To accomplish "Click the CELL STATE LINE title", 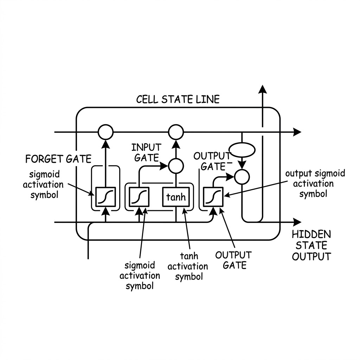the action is click(178, 99).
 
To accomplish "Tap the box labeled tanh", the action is click(176, 197).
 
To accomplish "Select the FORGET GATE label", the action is click(58, 159).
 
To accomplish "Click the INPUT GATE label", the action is click(146, 153).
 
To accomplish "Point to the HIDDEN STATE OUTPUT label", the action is click(311, 245).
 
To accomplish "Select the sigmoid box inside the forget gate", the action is click(105, 197).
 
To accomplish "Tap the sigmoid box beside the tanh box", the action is click(139, 197).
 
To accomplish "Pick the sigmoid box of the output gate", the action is click(213, 197).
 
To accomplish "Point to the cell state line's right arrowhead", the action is click(297, 132).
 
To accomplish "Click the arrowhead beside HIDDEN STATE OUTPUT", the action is click(297, 222).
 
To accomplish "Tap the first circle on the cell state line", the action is click(105, 132).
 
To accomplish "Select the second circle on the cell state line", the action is click(176, 132).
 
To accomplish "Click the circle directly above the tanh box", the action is click(176, 166).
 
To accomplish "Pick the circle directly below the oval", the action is click(242, 177).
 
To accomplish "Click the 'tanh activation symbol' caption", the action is click(188, 266).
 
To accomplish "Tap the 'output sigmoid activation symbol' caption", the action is click(315, 184).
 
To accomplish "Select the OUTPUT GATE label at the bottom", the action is click(233, 260).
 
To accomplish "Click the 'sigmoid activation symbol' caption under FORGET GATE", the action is click(43, 185).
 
